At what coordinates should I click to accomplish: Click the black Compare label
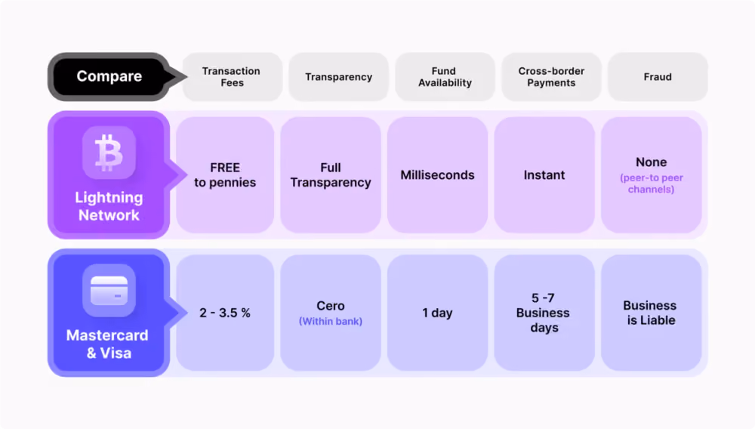(x=109, y=76)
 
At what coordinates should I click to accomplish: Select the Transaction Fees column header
(x=232, y=77)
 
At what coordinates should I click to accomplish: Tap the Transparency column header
(x=338, y=77)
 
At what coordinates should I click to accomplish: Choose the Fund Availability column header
(x=445, y=77)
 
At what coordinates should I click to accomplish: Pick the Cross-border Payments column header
(x=551, y=77)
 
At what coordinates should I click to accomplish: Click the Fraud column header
(x=658, y=77)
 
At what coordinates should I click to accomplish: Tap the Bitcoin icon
(x=109, y=153)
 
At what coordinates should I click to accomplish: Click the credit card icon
(x=109, y=290)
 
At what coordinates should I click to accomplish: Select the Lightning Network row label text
(x=109, y=206)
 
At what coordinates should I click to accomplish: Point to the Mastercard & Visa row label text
(x=107, y=344)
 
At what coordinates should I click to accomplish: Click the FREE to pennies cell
(x=225, y=174)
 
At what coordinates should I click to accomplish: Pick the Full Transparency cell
(x=331, y=174)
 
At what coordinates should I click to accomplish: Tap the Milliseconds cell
(x=438, y=174)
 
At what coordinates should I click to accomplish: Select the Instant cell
(x=544, y=174)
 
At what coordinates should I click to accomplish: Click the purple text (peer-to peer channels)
(x=652, y=184)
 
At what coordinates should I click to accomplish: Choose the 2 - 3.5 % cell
(x=225, y=313)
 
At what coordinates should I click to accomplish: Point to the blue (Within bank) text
(x=331, y=321)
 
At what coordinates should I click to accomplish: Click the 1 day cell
(x=438, y=313)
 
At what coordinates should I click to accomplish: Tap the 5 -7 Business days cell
(x=544, y=313)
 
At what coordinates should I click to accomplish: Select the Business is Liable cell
(x=652, y=313)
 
